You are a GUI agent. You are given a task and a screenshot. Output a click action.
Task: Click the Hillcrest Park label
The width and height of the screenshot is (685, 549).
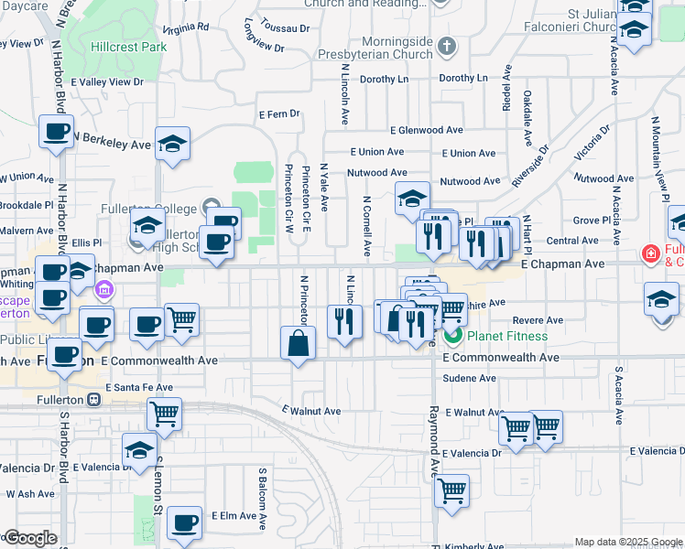[x=128, y=46]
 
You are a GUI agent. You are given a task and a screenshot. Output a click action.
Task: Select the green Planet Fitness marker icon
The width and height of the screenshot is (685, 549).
[x=453, y=336]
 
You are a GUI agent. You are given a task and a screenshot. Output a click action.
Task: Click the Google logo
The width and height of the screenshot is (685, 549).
[x=29, y=538]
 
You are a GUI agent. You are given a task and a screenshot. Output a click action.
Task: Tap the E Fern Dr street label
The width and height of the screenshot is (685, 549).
[x=279, y=114]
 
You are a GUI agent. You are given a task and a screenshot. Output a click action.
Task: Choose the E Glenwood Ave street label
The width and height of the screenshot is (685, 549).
[x=426, y=131]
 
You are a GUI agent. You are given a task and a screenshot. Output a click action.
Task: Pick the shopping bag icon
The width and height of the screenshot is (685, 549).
[x=299, y=344]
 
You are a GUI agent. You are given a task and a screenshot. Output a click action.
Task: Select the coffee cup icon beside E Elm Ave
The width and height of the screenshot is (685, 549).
[x=185, y=523]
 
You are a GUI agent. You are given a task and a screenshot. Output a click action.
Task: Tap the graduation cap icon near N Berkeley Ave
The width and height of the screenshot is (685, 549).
[x=171, y=144]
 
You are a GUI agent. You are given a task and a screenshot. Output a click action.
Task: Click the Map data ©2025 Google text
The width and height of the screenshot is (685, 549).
[x=628, y=542]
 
